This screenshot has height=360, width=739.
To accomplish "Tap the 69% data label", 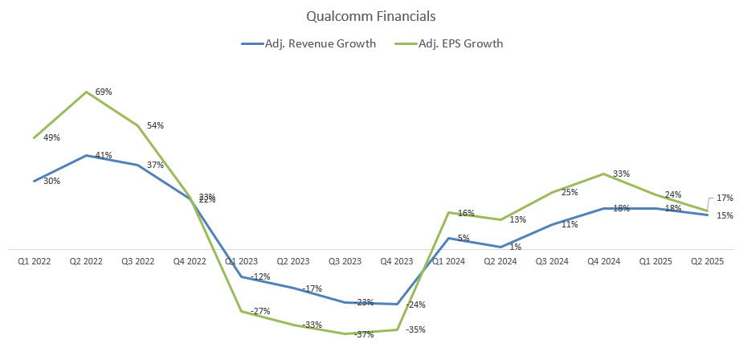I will coord(104,92).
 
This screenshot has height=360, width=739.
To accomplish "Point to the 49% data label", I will coord(51,138).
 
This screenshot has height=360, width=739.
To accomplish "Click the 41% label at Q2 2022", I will coord(104,155).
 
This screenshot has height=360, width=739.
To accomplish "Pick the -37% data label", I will coord(365,334).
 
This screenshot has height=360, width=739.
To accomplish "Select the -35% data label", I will coord(416,329).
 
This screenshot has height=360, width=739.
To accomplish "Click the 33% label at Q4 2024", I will coord(621,174).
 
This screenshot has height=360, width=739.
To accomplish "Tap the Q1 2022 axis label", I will coord(34,261).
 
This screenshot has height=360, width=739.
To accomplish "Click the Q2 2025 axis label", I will coord(707,261).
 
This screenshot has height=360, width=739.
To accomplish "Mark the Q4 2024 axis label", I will coord(604,261).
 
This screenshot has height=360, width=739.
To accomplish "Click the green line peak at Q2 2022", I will coord(86,92).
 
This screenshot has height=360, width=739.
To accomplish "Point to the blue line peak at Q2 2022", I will coord(86,155).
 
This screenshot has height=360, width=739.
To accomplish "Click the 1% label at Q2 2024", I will coord(515,247).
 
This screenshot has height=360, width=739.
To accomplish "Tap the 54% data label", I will coord(155,125).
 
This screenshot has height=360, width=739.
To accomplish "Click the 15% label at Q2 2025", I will coord(725,215).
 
